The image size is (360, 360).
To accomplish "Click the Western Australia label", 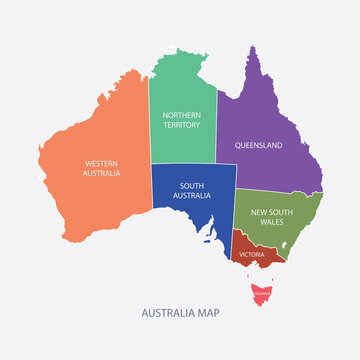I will pos(102,168).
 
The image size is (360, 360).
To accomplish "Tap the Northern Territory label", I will pos(183,121).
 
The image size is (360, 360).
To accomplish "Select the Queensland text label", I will pos(258,145).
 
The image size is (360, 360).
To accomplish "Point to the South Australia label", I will pos(193,190).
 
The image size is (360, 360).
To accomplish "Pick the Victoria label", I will pos(252,253).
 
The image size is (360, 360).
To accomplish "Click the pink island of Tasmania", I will pos(263,295).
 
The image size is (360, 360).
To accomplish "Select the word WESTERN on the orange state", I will pos(102,163).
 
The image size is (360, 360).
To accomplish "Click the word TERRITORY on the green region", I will pos(183,126).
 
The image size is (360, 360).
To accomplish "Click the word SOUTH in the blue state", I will pos(193,185).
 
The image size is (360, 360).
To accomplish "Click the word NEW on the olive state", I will pos(259,212).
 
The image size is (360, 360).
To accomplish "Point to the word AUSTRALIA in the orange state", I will pos(102,173).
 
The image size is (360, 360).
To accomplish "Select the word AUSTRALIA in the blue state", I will pos(193,195).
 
